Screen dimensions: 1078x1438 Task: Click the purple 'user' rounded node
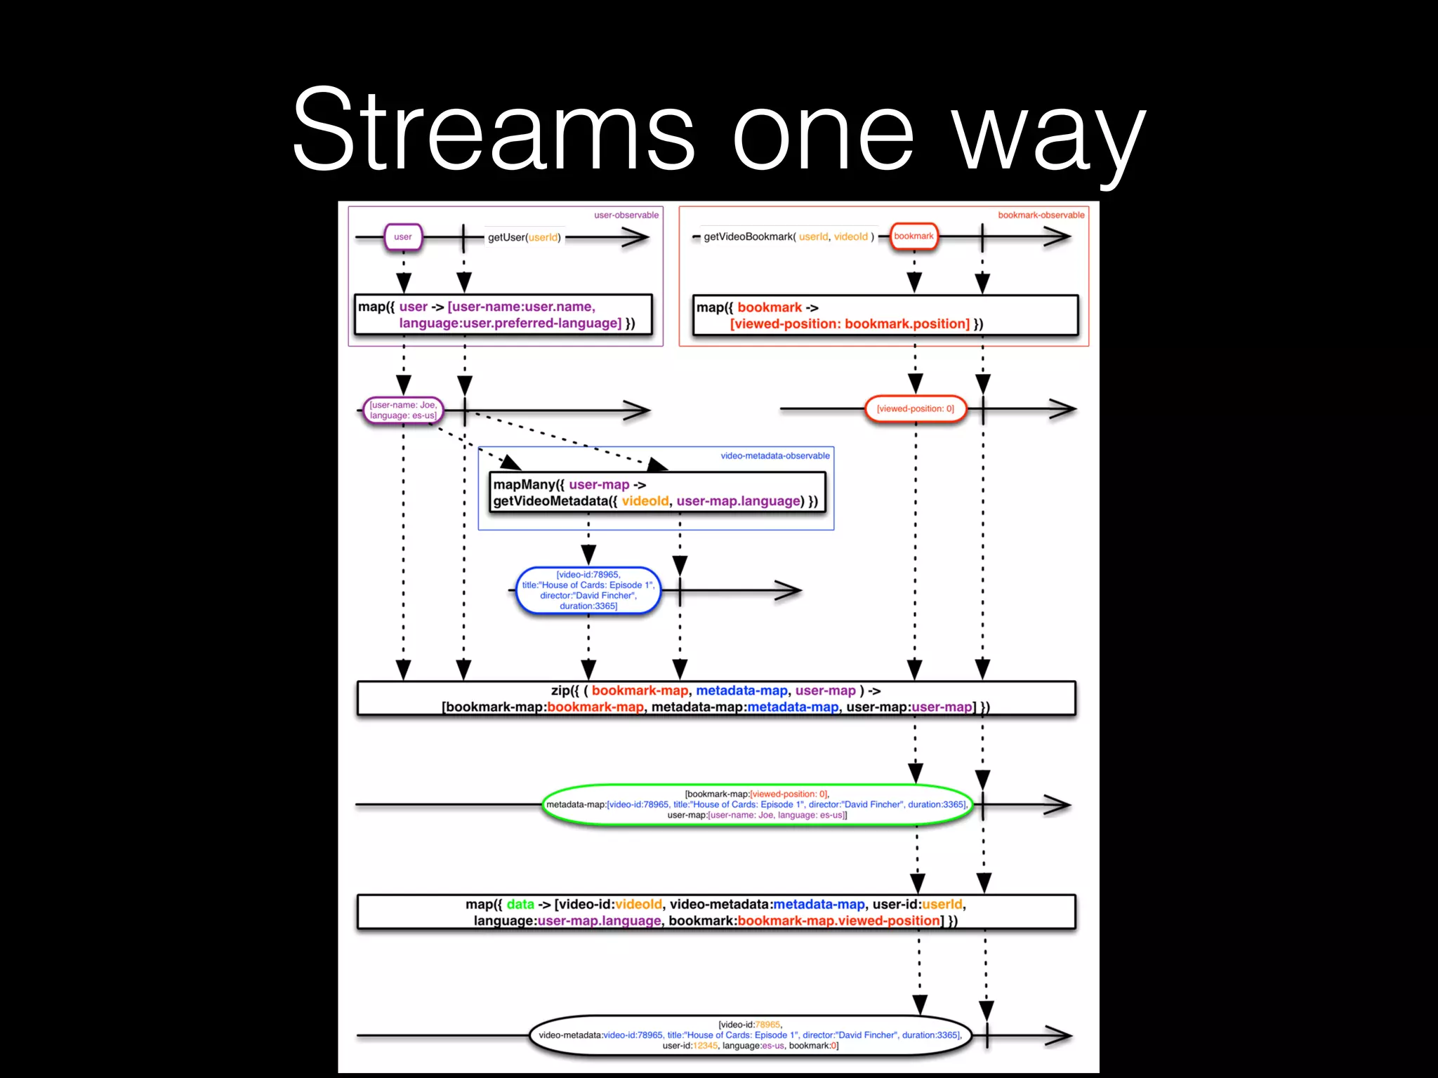(x=403, y=237)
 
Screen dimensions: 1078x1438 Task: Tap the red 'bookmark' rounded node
(x=913, y=237)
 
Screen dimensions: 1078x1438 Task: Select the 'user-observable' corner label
(x=626, y=215)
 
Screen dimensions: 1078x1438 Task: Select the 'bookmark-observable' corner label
(x=1041, y=215)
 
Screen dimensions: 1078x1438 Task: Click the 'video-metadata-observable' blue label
(x=774, y=455)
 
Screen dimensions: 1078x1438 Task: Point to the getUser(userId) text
(x=524, y=237)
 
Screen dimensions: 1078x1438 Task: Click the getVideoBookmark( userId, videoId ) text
(x=789, y=237)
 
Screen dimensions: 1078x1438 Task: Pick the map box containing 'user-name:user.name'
(x=503, y=314)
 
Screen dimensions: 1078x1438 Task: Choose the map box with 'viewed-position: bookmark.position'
(x=885, y=315)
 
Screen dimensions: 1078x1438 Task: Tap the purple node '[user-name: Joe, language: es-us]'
(x=403, y=410)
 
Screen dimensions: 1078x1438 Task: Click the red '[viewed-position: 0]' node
(x=915, y=408)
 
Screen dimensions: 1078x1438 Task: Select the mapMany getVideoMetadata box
(x=657, y=493)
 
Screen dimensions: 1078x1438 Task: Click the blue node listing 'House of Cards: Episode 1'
(x=588, y=590)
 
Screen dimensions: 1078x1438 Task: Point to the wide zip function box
(x=715, y=698)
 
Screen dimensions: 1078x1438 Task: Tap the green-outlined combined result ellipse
(x=757, y=804)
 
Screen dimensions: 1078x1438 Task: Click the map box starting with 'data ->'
(x=715, y=912)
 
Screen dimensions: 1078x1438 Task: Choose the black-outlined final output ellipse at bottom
(x=750, y=1035)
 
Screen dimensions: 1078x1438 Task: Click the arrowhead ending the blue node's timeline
(x=790, y=591)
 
